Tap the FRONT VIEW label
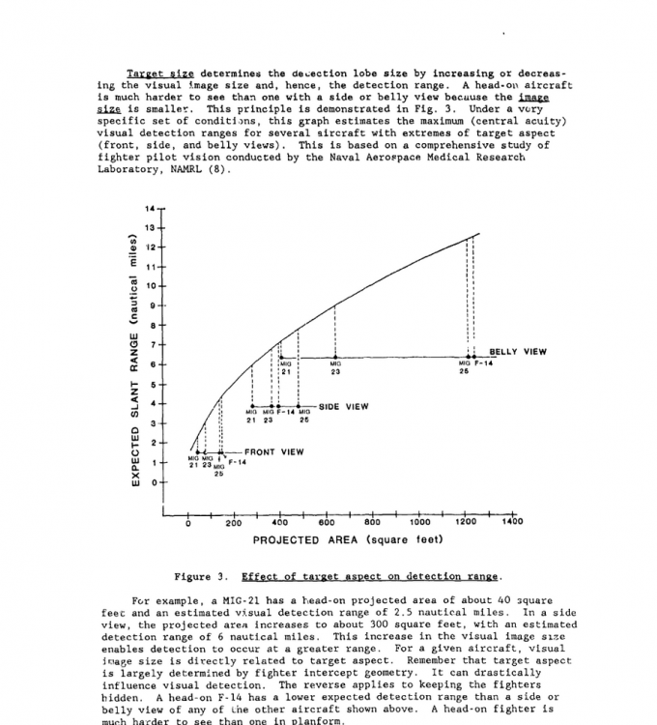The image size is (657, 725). [x=273, y=451]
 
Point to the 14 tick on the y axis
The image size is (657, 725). [x=150, y=209]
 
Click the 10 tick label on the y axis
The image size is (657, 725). [x=150, y=286]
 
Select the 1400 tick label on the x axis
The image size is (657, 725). [x=512, y=522]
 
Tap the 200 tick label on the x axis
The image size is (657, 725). [x=234, y=522]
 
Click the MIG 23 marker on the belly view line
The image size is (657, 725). [x=334, y=358]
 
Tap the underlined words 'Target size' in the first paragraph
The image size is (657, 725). [x=160, y=73]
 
